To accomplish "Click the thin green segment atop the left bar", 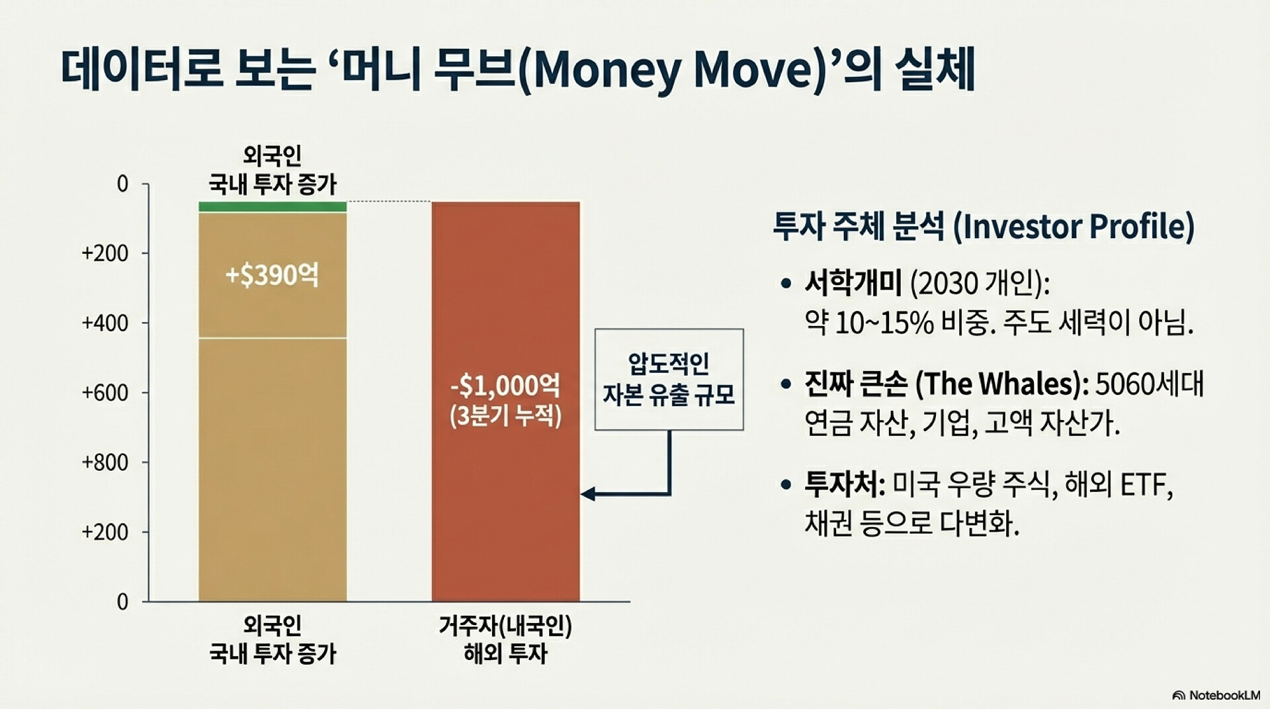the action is point(273,206).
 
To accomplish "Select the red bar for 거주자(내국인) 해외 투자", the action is point(506,401).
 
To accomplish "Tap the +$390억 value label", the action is point(272,275).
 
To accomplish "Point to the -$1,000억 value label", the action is point(505,385).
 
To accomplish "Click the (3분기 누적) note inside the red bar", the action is point(505,416).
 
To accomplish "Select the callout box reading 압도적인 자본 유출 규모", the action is point(669,380).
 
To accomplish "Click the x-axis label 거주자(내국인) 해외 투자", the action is point(505,640).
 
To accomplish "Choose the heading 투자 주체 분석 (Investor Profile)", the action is point(984,226).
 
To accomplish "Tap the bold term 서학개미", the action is point(853,284).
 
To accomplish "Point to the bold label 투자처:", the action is point(845,485).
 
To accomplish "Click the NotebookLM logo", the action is point(1216,695).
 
